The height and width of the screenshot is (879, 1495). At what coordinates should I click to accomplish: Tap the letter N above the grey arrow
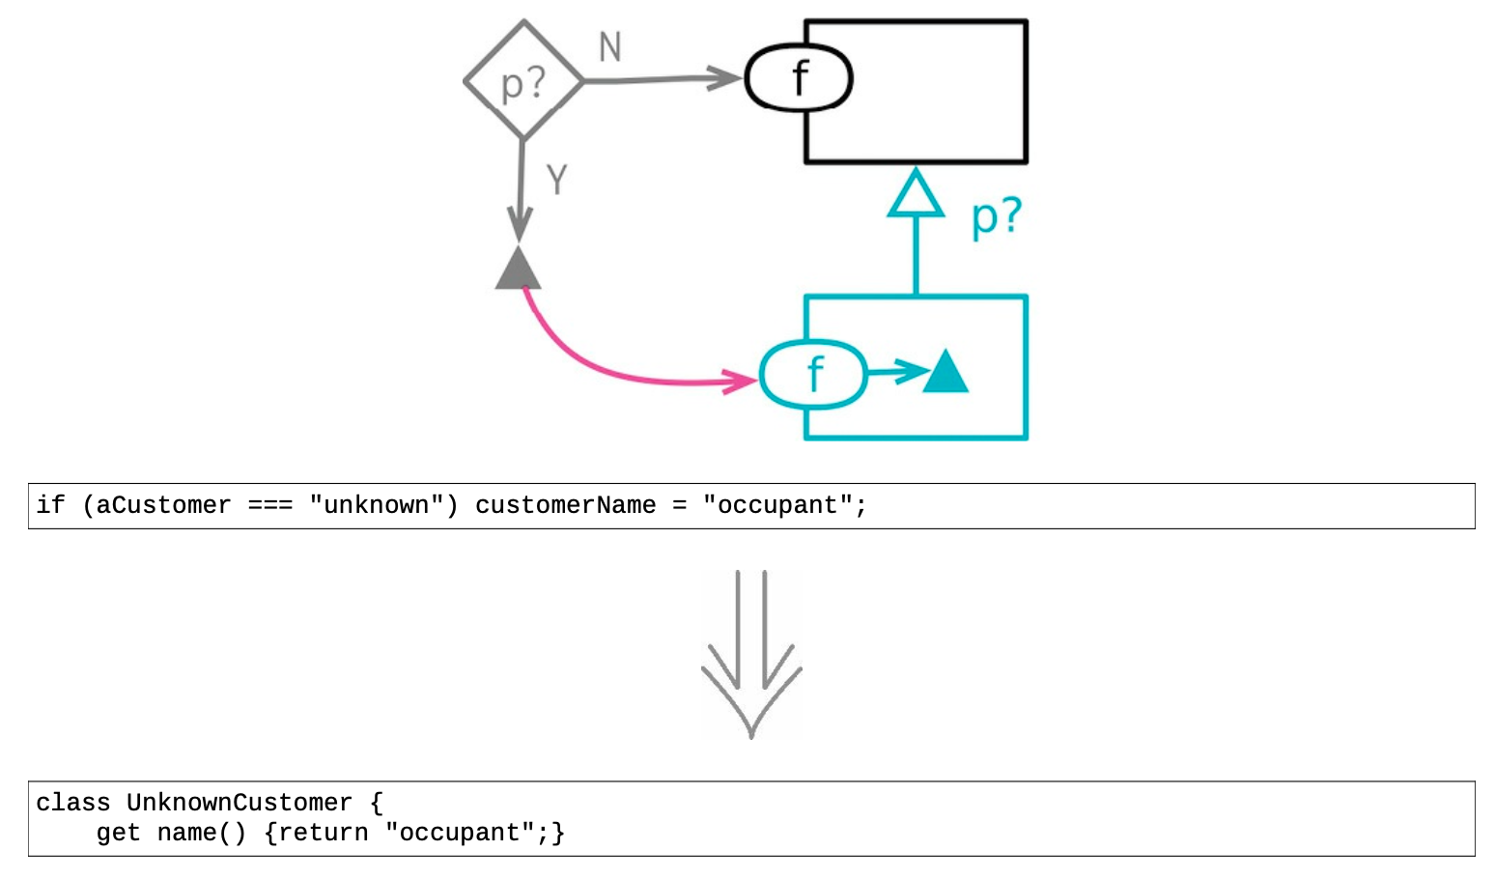pyautogui.click(x=610, y=46)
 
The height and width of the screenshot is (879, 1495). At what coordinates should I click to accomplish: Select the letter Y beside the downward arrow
pyautogui.click(x=557, y=180)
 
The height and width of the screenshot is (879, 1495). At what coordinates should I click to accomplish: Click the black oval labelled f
pyautogui.click(x=799, y=78)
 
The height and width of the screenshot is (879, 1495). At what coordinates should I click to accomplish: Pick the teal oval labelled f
pyautogui.click(x=813, y=374)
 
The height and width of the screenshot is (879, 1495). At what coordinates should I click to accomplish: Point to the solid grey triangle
pyautogui.click(x=519, y=269)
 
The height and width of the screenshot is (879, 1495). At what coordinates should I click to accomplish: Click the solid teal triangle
pyautogui.click(x=945, y=372)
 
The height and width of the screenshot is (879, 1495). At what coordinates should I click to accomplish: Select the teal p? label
pyautogui.click(x=996, y=216)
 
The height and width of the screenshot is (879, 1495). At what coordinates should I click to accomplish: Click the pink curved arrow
pyautogui.click(x=599, y=367)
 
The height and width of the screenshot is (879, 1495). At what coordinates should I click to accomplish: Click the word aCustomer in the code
pyautogui.click(x=163, y=505)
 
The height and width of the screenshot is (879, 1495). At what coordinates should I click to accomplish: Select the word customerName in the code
pyautogui.click(x=565, y=505)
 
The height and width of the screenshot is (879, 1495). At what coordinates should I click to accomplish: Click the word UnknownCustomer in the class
pyautogui.click(x=240, y=803)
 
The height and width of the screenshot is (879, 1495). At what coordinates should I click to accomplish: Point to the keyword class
pyautogui.click(x=73, y=803)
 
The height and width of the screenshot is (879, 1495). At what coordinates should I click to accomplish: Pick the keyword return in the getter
pyautogui.click(x=323, y=833)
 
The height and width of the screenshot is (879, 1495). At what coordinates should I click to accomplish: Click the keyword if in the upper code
pyautogui.click(x=50, y=505)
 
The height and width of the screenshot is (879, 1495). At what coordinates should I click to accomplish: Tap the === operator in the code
pyautogui.click(x=270, y=505)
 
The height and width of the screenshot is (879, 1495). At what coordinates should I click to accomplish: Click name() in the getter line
pyautogui.click(x=202, y=833)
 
